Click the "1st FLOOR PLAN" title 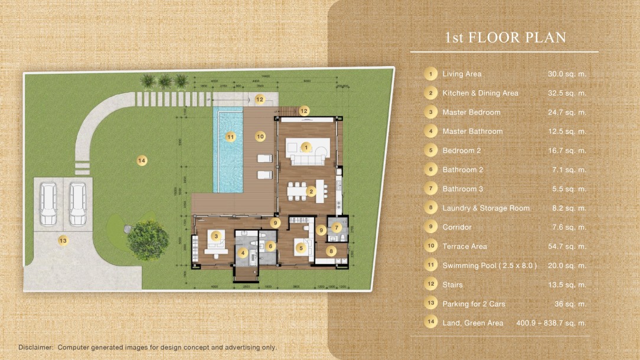tap(505, 38)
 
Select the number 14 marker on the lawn tap(141, 160)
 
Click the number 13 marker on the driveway tap(63, 240)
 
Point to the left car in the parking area tap(48, 204)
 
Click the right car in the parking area tap(77, 204)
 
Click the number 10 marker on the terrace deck tap(260, 136)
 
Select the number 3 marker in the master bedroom tap(216, 236)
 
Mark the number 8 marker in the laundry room tap(331, 250)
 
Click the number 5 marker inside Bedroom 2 tap(301, 248)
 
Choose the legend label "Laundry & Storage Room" tap(486, 208)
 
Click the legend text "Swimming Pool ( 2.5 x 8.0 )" tap(489, 266)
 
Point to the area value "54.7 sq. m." tap(567, 246)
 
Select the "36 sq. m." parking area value tap(570, 304)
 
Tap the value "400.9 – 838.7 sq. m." tap(551, 323)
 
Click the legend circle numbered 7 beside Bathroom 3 tap(431, 189)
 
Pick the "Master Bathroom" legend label tap(472, 131)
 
